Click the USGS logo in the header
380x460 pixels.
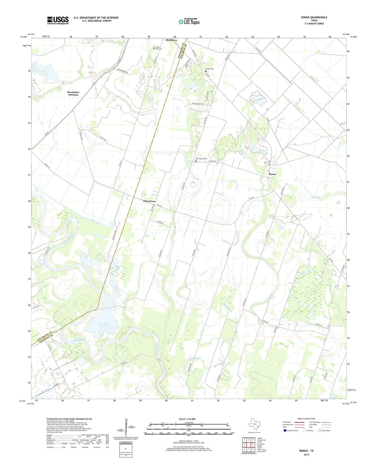point(58,20)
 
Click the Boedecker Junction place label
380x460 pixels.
point(73,94)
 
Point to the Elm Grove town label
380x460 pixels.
point(149,201)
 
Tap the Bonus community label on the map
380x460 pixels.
point(272,174)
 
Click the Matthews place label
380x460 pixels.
point(171,40)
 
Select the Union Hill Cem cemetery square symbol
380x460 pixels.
point(154,48)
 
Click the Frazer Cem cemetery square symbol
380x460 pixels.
point(206,71)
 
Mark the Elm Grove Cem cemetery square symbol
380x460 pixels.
point(196,161)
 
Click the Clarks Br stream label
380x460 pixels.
point(316,197)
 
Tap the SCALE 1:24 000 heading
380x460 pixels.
point(187,419)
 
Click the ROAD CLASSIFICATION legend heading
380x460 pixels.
point(306,419)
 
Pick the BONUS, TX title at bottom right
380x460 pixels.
point(306,451)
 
